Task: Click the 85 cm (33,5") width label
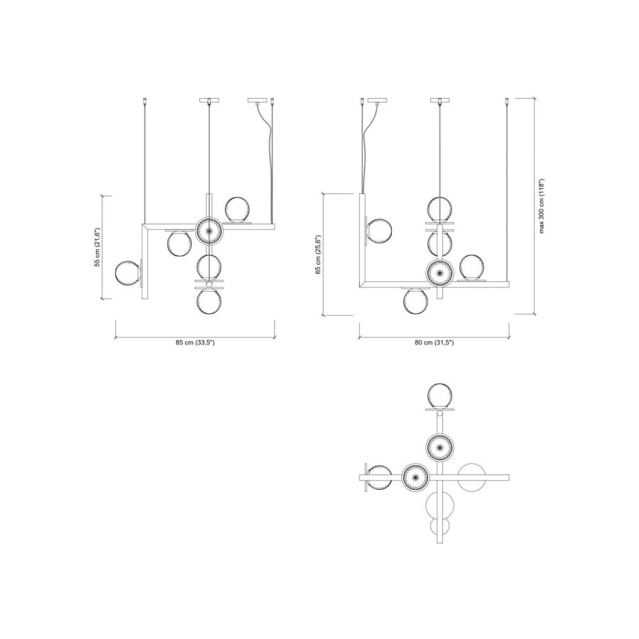[195, 343]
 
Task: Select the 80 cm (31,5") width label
[434, 343]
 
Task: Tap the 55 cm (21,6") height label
[97, 247]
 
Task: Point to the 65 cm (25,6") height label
[319, 255]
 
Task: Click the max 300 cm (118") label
[542, 206]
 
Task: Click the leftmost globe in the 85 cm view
[128, 273]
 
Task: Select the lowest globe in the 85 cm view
[209, 302]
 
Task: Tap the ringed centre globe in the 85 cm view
[209, 231]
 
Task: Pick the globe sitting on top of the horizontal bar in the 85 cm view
[238, 209]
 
